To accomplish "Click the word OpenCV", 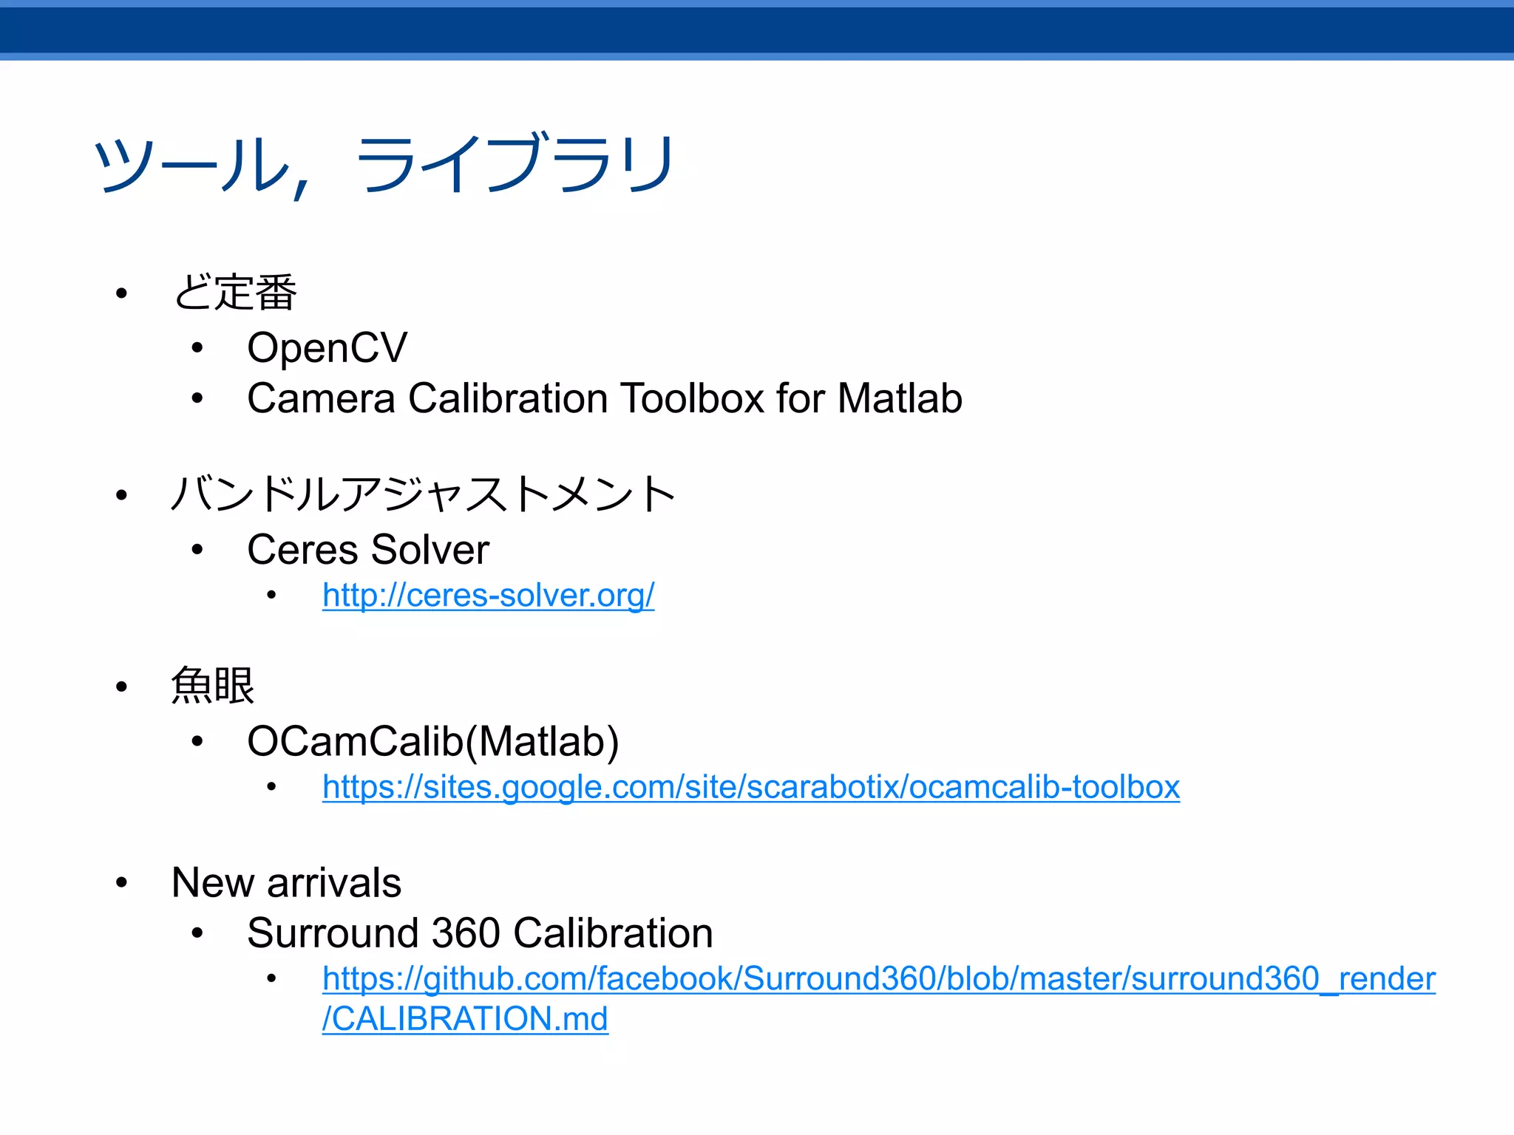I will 327,347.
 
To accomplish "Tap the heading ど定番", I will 234,293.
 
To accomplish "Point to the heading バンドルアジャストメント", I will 423,494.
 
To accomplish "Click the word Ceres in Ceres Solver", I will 302,550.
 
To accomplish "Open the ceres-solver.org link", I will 488,596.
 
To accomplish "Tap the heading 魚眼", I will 213,686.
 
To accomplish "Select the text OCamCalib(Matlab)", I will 432,741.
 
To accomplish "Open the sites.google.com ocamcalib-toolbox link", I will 750,787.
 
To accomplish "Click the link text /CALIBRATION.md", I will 464,1019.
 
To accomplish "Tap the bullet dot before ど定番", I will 122,294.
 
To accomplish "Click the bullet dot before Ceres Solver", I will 197,550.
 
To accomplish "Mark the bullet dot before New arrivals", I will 122,882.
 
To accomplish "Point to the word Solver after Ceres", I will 430,550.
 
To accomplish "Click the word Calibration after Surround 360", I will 613,933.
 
